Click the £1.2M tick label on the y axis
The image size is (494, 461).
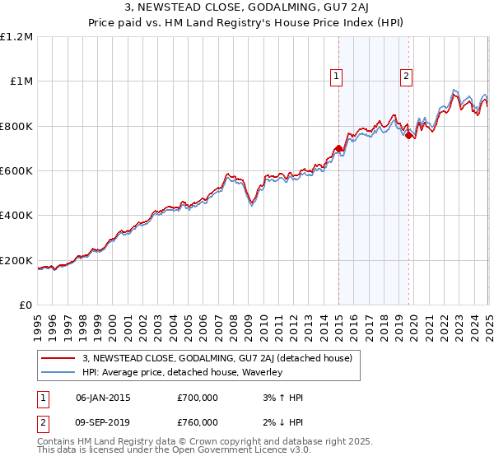coord(16,37)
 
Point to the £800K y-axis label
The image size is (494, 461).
coord(16,126)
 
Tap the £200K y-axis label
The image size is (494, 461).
coord(16,260)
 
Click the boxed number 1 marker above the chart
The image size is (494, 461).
coord(337,77)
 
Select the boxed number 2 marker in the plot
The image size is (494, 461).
coord(407,77)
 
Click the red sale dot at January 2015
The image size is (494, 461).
coord(338,149)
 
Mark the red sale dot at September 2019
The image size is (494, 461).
coord(408,136)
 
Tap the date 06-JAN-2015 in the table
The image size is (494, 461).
coord(102,398)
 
